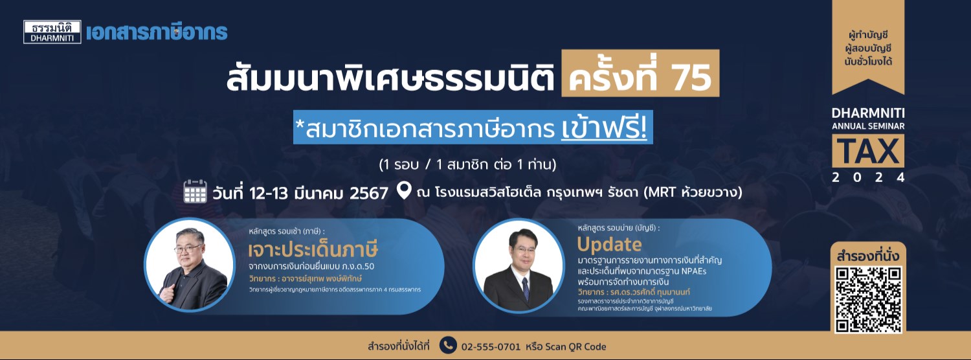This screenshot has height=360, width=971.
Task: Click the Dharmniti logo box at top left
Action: pos(52,32)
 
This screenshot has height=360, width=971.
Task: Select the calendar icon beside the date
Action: pos(195,192)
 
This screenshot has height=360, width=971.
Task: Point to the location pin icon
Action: pos(404,192)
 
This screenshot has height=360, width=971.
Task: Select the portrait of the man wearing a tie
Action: pos(518,265)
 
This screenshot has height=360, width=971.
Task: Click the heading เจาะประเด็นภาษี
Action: pos(313,250)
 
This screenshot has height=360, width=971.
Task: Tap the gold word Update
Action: pos(609,245)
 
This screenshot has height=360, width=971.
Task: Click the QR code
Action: pos(868,298)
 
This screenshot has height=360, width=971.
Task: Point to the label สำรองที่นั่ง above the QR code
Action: pos(868,256)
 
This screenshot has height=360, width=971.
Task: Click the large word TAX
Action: pos(868,152)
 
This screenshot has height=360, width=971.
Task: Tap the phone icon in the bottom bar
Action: pos(447,345)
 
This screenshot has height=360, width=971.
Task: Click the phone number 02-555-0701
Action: pos(491,346)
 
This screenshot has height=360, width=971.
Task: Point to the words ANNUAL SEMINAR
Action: pos(868,125)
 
